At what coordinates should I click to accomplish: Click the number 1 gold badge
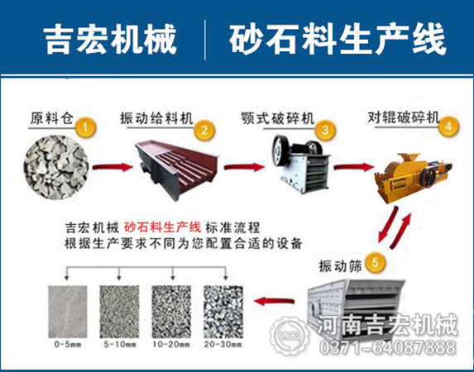pyautogui.click(x=85, y=128)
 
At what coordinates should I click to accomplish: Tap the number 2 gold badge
pyautogui.click(x=204, y=131)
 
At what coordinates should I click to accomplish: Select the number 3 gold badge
pyautogui.click(x=325, y=131)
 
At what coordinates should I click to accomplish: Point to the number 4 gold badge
pyautogui.click(x=448, y=126)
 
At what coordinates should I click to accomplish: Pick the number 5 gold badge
pyautogui.click(x=376, y=263)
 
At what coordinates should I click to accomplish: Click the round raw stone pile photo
pyautogui.click(x=56, y=167)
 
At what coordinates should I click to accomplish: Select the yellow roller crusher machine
pyautogui.click(x=413, y=178)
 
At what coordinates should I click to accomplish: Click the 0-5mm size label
pyautogui.click(x=68, y=344)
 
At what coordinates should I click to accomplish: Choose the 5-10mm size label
pyautogui.click(x=120, y=344)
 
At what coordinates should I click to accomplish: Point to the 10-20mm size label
pyautogui.click(x=171, y=344)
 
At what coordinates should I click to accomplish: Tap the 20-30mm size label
pyautogui.click(x=223, y=344)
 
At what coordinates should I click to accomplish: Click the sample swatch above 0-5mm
pyautogui.click(x=68, y=312)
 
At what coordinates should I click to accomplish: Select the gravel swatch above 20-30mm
pyautogui.click(x=223, y=312)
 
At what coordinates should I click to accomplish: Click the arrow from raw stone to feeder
pyautogui.click(x=113, y=167)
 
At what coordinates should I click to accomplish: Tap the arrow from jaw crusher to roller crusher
pyautogui.click(x=353, y=167)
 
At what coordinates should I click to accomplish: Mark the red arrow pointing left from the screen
pyautogui.click(x=274, y=301)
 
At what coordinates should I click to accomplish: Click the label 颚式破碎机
pyautogui.click(x=278, y=118)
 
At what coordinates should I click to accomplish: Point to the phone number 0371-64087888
pyautogui.click(x=388, y=347)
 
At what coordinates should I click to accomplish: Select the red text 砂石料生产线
pyautogui.click(x=162, y=227)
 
